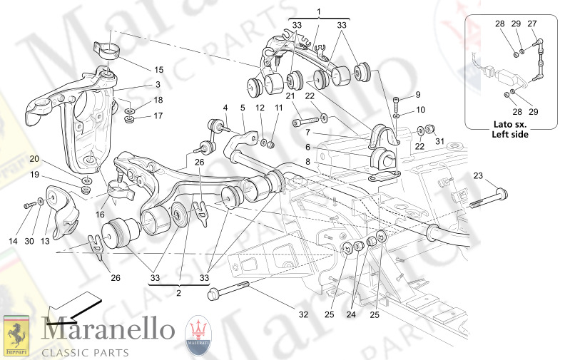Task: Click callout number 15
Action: (158, 69)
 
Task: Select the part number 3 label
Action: (158, 84)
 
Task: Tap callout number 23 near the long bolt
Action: (477, 175)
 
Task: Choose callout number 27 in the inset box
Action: (531, 24)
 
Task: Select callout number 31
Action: (440, 141)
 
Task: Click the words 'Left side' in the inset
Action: (510, 134)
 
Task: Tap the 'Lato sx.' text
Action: (510, 124)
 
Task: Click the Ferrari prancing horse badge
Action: (16, 334)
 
